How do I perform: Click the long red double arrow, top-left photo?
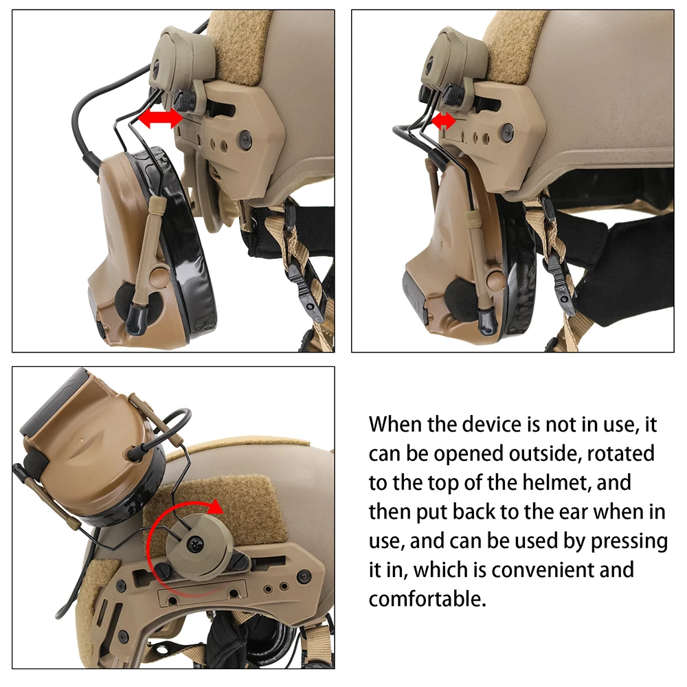pos(160,118)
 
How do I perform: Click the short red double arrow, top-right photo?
pos(443,120)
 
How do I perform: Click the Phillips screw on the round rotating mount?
pos(193,543)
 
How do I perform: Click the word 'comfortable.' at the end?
pos(427,599)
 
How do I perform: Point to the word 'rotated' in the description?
pos(620,453)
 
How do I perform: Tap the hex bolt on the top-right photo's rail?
pos(508,130)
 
